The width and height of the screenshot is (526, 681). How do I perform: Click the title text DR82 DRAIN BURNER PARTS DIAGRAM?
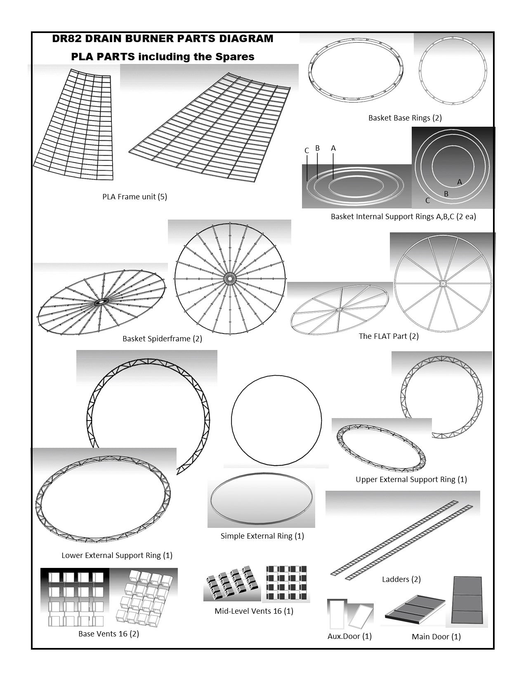(x=163, y=39)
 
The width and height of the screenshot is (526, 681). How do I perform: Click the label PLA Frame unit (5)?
(x=134, y=197)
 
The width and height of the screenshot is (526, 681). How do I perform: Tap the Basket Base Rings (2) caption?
(x=405, y=118)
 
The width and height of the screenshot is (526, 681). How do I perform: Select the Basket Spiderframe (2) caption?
(x=162, y=339)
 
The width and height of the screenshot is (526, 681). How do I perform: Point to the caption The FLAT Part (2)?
(x=388, y=336)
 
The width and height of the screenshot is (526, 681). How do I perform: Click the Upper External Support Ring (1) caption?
(x=411, y=480)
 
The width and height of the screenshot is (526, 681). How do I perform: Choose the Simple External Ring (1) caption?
(x=262, y=536)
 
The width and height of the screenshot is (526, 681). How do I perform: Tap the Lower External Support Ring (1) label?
(x=117, y=556)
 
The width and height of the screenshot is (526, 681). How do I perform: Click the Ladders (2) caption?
(x=401, y=579)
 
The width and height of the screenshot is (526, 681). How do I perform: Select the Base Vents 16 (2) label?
(x=109, y=634)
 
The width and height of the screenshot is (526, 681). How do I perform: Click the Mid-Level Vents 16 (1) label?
(x=254, y=611)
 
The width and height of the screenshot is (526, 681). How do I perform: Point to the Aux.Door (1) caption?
(x=349, y=636)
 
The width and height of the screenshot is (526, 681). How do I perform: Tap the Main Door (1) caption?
(x=436, y=637)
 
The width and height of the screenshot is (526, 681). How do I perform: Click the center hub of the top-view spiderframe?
(x=230, y=279)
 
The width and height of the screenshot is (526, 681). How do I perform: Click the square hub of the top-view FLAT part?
(x=443, y=283)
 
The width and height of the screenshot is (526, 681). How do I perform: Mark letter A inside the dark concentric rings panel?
(x=459, y=182)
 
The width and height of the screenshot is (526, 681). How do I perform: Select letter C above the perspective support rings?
(x=307, y=151)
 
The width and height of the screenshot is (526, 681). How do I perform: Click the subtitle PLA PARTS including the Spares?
(x=163, y=57)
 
